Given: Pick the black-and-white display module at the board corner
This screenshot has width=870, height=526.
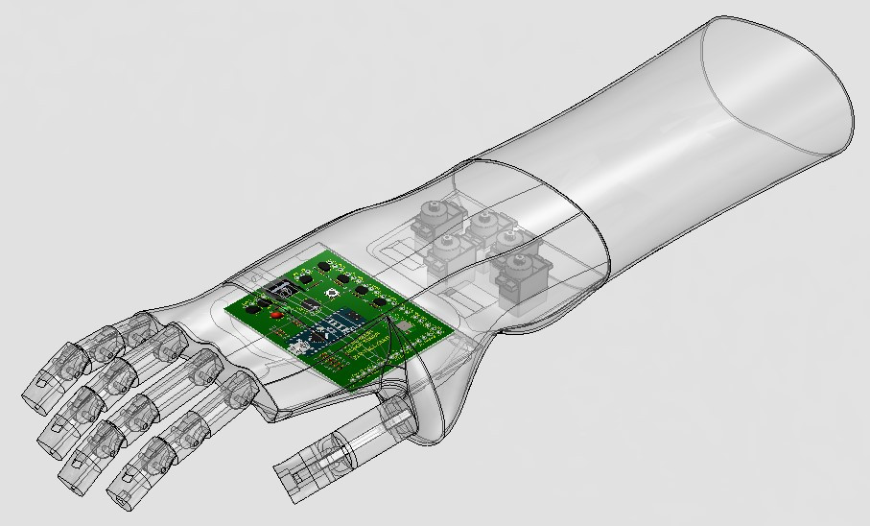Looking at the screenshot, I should (x=277, y=289).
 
